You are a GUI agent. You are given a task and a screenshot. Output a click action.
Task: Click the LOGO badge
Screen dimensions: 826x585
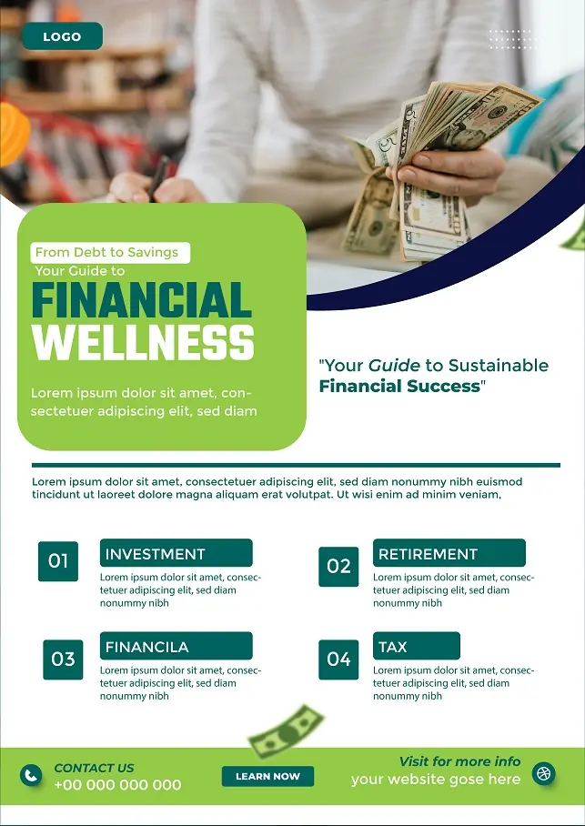(x=62, y=36)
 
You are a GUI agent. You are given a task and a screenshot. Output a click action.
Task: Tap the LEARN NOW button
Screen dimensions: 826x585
(x=267, y=776)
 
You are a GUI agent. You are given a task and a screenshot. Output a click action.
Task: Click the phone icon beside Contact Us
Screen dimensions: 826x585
(x=32, y=775)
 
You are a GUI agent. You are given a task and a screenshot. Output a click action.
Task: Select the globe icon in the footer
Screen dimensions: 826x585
(x=544, y=774)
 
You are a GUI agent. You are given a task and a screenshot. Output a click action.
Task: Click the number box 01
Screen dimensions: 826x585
(x=58, y=561)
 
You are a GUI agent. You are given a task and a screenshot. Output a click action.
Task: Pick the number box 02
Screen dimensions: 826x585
(x=338, y=566)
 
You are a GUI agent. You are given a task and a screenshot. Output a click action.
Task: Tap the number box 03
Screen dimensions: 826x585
(x=63, y=659)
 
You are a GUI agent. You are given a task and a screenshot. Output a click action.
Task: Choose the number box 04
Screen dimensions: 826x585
(x=338, y=659)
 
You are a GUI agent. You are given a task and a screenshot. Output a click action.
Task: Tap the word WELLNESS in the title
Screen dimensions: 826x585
(x=143, y=343)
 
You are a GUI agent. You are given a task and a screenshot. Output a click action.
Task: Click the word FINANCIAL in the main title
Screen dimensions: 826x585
(x=141, y=301)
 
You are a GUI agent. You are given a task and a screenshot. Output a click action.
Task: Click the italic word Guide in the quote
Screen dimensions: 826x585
(x=394, y=366)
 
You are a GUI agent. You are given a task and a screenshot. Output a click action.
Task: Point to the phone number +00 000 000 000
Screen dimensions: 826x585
(x=117, y=784)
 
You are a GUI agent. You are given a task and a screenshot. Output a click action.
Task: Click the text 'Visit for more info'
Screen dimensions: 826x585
(x=459, y=761)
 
